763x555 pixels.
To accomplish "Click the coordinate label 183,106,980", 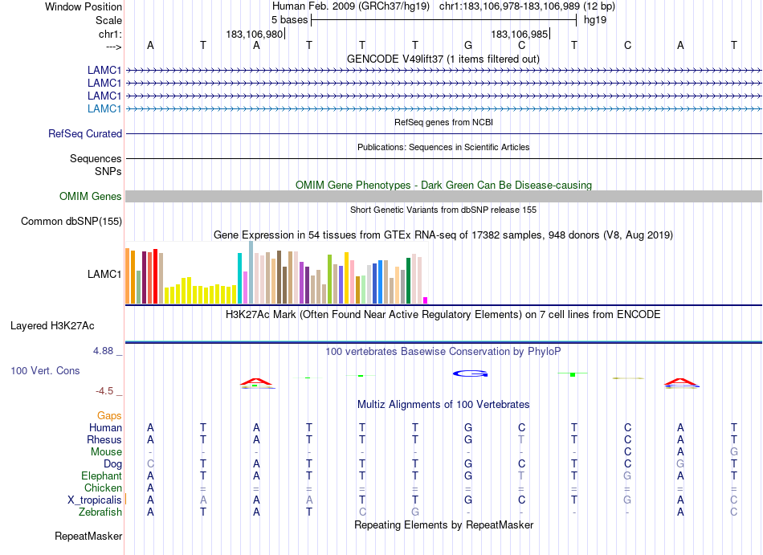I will tap(255, 34).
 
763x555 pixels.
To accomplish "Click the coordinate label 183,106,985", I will tap(520, 34).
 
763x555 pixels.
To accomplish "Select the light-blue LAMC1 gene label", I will tap(104, 108).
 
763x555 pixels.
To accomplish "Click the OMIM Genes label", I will tap(91, 197).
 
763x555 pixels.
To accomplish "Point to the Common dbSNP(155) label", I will tap(71, 222).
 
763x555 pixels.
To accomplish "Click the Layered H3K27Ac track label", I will tap(52, 326).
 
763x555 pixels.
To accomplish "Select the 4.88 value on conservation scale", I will tap(106, 351).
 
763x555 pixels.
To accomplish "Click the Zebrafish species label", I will tap(100, 512).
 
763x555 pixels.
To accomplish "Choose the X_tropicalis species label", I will tap(95, 500).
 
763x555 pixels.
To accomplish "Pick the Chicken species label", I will tap(103, 488).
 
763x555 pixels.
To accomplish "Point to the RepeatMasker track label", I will tap(88, 536).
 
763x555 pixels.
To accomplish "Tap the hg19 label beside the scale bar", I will tap(595, 19).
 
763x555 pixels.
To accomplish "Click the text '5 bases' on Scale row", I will tap(289, 19).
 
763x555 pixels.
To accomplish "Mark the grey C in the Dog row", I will tap(150, 463).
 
